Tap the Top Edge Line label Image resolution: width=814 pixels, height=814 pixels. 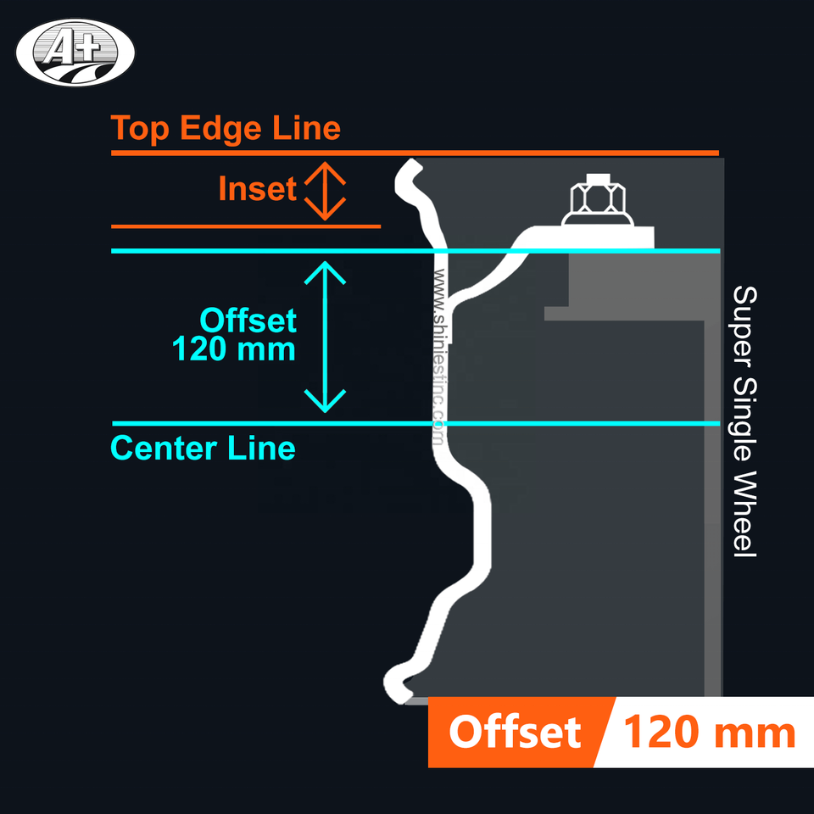226,129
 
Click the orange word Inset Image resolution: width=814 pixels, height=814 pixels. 257,189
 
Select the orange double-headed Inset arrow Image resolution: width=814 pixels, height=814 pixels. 325,191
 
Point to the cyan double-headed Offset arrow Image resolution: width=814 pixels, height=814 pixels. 325,337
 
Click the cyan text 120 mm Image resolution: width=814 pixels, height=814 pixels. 234,348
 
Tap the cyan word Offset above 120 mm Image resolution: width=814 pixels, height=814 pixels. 248,321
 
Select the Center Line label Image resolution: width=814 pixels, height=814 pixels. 203,448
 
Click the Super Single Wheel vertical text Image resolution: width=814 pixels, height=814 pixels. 744,421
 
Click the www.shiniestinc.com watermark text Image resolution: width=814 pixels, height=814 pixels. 439,356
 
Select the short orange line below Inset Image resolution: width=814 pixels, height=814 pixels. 246,226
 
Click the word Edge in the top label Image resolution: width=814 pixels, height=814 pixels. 223,129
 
